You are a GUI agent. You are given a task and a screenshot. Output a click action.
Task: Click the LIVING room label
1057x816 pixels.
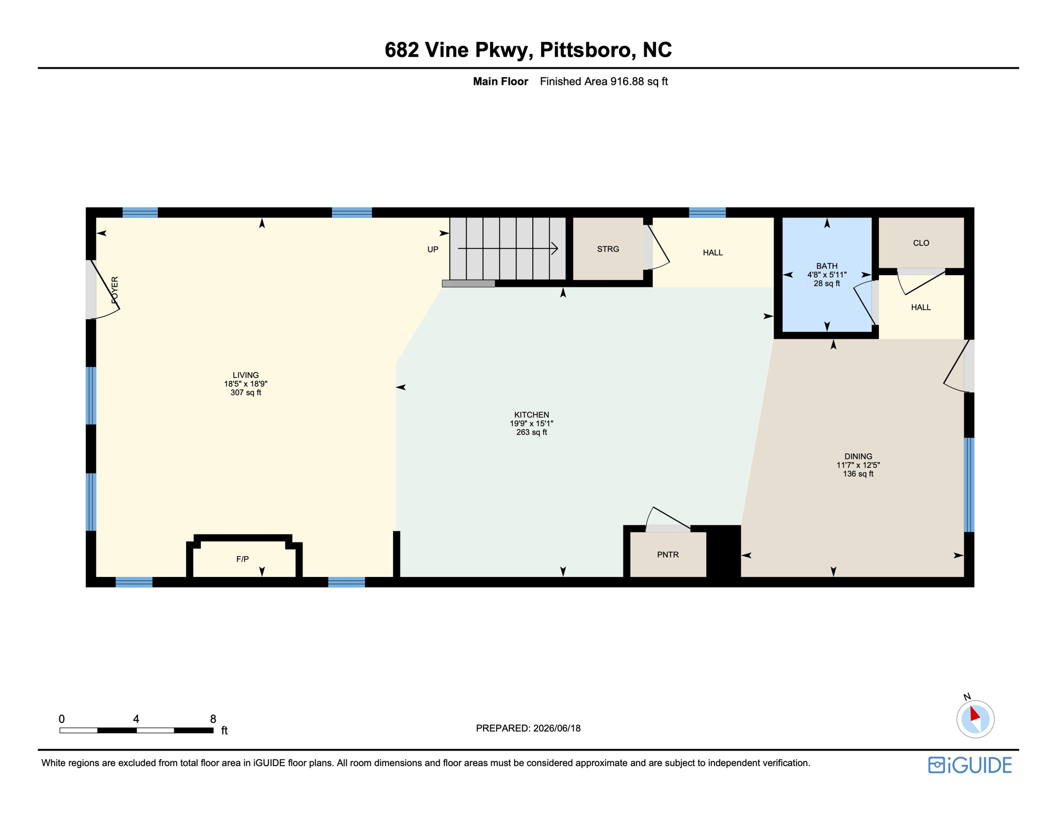(246, 375)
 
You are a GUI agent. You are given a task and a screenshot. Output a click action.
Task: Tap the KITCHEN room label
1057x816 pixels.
(532, 415)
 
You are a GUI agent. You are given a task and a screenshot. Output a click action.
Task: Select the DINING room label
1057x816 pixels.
(858, 456)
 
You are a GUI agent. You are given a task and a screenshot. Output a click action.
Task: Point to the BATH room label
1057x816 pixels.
(827, 266)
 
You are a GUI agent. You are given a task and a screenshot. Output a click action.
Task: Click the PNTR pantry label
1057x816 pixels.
(668, 555)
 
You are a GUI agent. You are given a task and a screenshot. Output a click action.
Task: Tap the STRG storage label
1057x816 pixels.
(608, 249)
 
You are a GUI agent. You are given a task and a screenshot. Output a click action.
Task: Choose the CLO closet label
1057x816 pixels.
(921, 243)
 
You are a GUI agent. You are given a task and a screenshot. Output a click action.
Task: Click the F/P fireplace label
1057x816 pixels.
(242, 559)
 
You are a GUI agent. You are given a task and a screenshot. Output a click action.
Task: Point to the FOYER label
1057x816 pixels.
(115, 290)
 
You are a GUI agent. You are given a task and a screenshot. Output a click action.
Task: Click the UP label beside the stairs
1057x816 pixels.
(433, 249)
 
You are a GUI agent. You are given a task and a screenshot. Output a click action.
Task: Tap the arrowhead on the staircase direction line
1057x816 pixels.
(555, 248)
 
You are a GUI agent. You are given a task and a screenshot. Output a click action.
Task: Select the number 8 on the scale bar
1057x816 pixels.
(213, 719)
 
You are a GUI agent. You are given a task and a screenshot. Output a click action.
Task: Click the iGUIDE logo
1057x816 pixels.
(970, 765)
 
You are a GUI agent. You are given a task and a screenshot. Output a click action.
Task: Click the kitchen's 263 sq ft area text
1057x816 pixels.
(532, 432)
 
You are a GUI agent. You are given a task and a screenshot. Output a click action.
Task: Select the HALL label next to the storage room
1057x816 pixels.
(712, 252)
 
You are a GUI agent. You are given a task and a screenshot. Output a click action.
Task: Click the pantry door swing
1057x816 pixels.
(668, 517)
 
